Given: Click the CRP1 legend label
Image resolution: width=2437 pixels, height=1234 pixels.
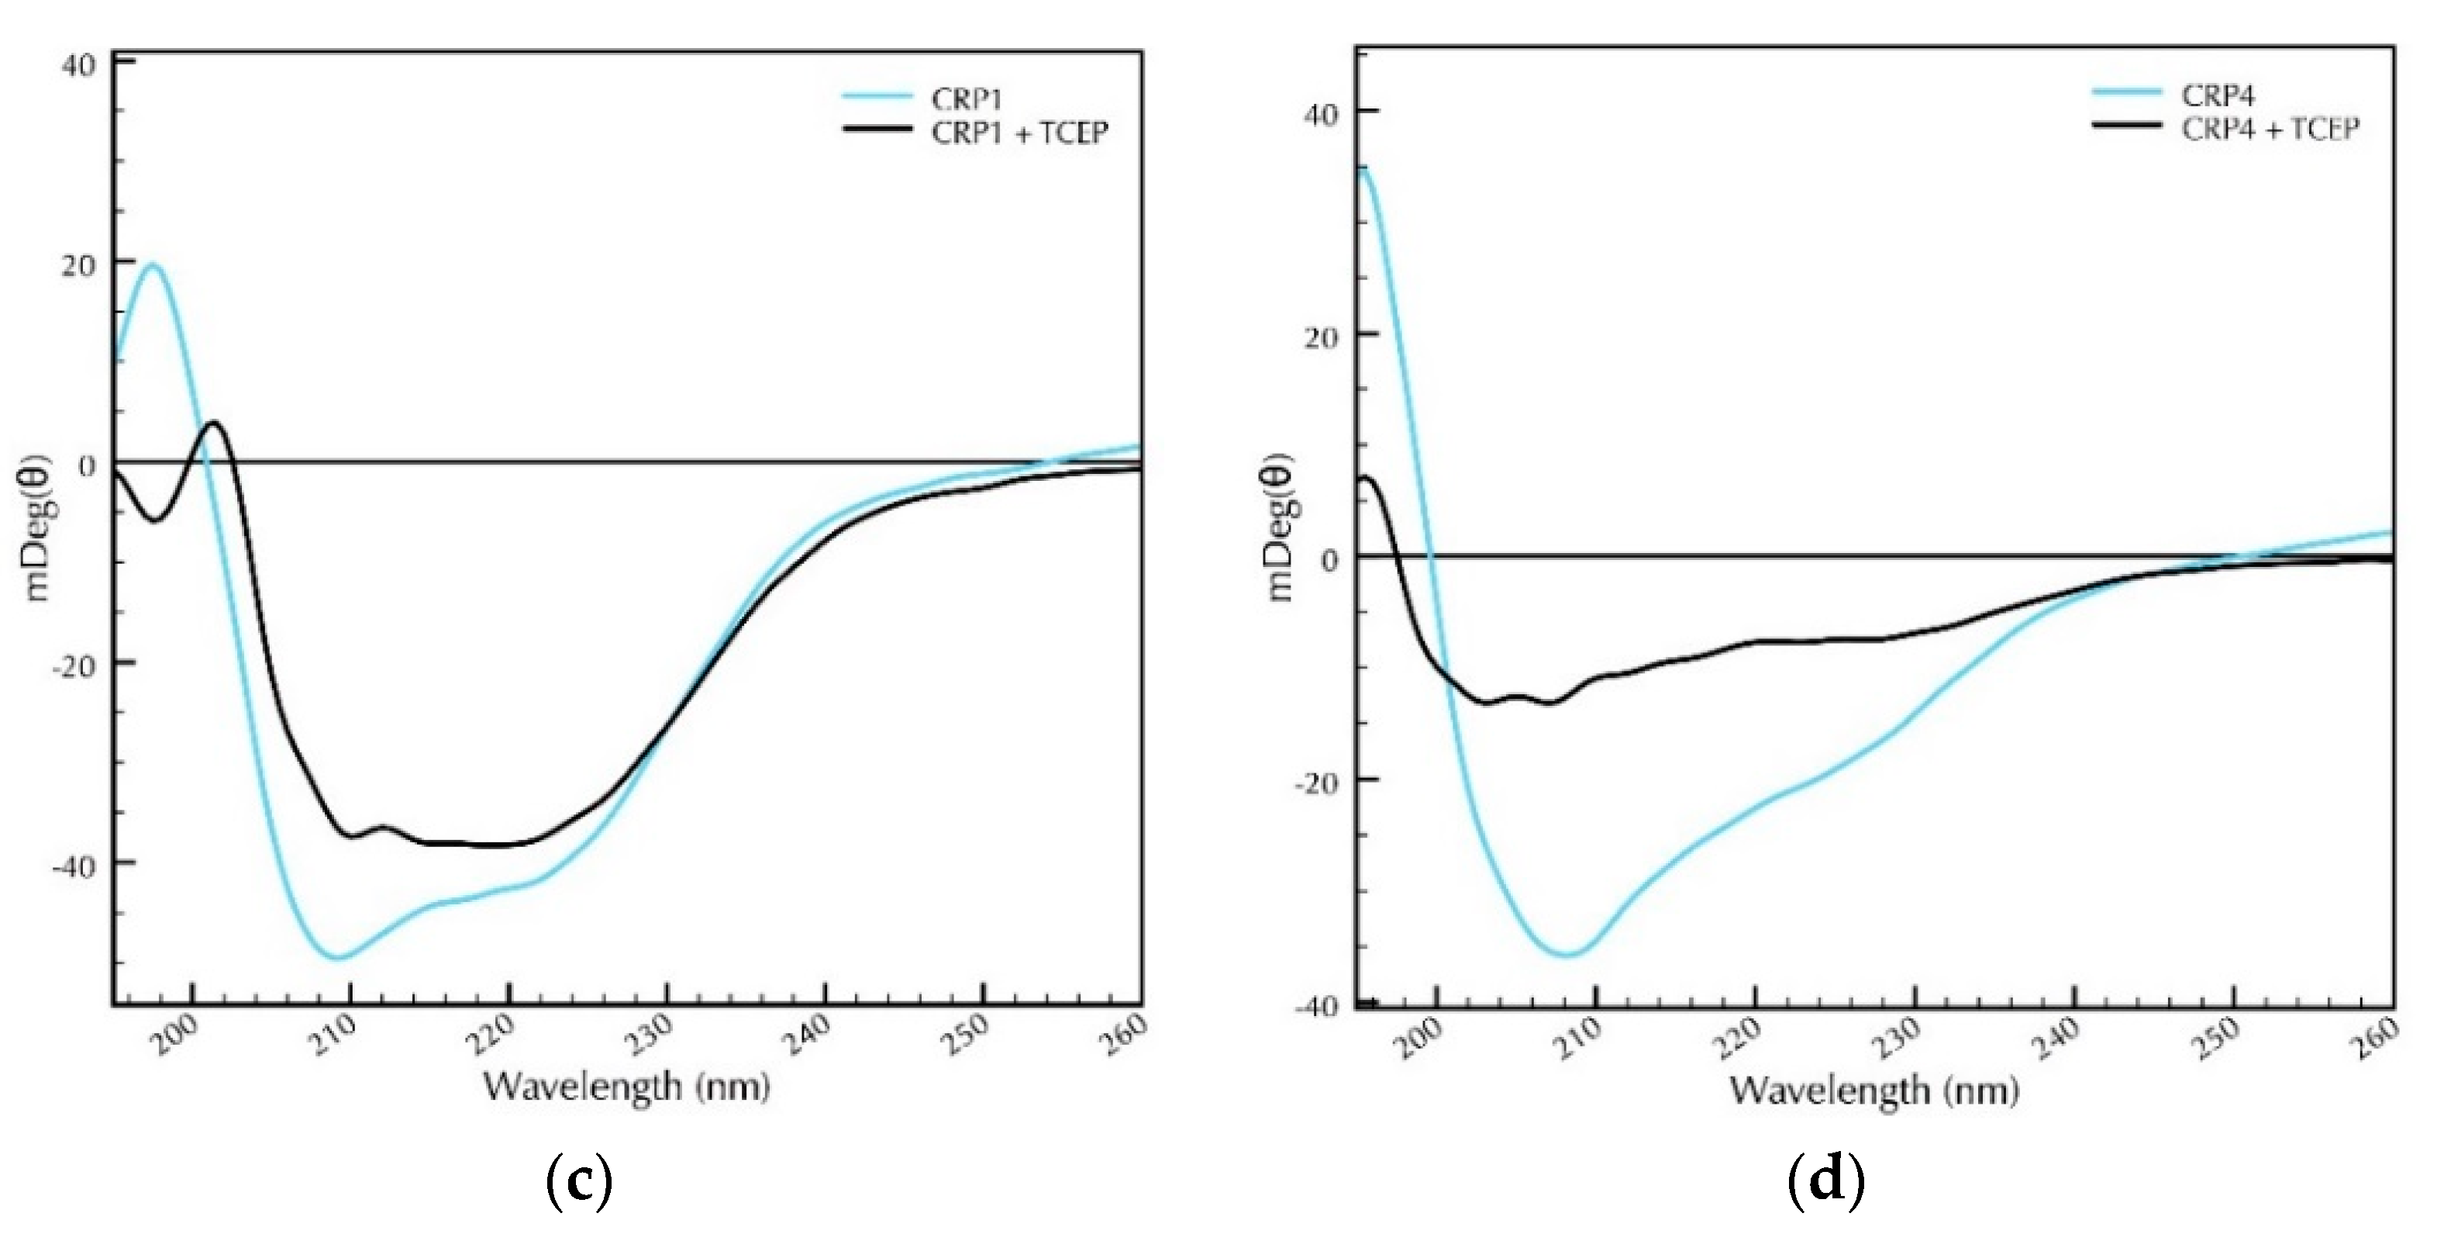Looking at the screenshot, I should point(967,99).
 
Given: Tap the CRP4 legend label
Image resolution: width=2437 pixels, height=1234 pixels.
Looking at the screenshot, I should point(2218,95).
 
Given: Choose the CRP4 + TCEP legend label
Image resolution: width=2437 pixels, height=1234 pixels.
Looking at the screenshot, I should point(2270,128).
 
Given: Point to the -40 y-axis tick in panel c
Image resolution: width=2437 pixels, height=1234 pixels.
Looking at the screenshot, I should point(72,866).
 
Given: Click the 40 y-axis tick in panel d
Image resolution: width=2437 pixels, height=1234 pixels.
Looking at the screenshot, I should point(1321,113).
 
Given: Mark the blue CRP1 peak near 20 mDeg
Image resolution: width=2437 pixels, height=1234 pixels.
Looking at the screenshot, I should point(152,265).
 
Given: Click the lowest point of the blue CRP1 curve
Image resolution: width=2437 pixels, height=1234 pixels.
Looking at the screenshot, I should point(338,959).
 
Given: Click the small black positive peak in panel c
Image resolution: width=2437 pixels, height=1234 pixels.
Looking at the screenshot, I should point(214,423).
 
